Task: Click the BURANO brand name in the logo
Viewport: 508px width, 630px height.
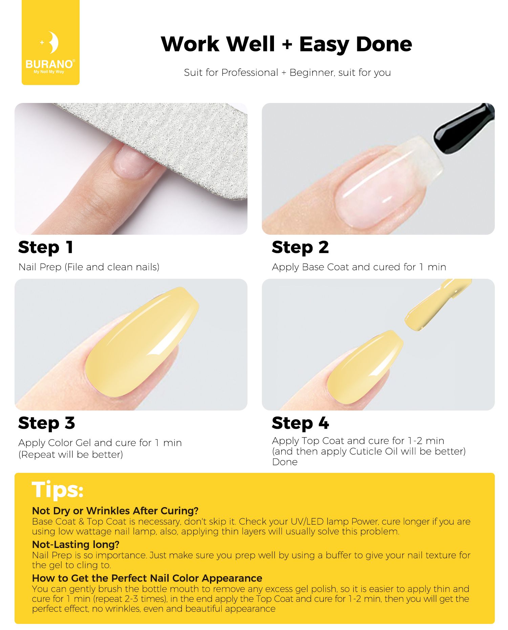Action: tap(49, 64)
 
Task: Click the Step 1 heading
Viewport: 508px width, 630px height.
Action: tap(46, 247)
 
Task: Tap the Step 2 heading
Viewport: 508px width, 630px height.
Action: tap(300, 247)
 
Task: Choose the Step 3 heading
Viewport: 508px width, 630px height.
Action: tap(46, 423)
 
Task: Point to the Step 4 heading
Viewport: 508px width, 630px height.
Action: tap(300, 423)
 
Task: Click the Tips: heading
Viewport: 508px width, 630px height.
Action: tap(58, 490)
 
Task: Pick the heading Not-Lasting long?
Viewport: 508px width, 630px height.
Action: tap(76, 544)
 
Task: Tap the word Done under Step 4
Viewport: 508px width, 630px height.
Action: tap(285, 462)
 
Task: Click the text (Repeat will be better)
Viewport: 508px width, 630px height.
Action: tap(71, 455)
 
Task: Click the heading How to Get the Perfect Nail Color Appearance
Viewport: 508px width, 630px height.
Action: tap(147, 578)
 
